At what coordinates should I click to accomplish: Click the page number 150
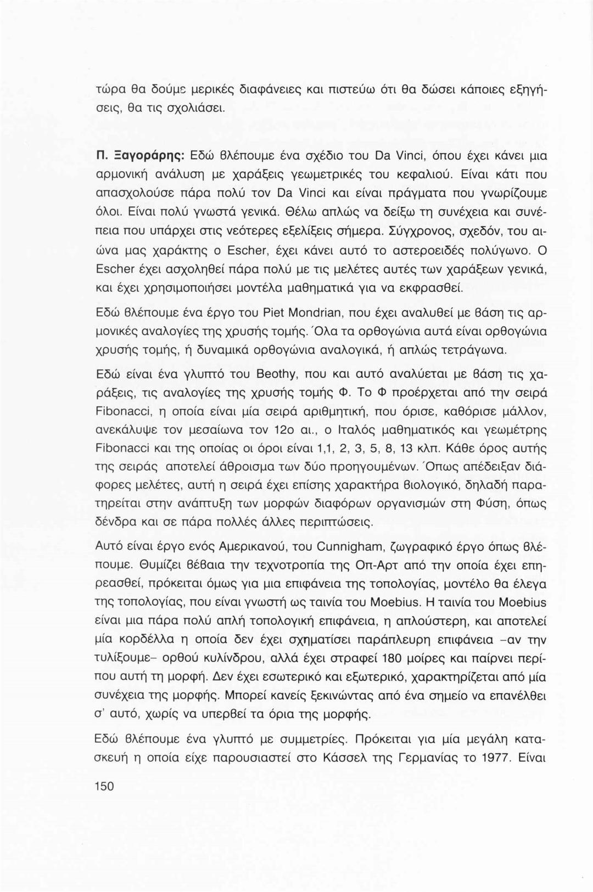(104, 786)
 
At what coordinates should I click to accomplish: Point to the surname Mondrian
(319, 313)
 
